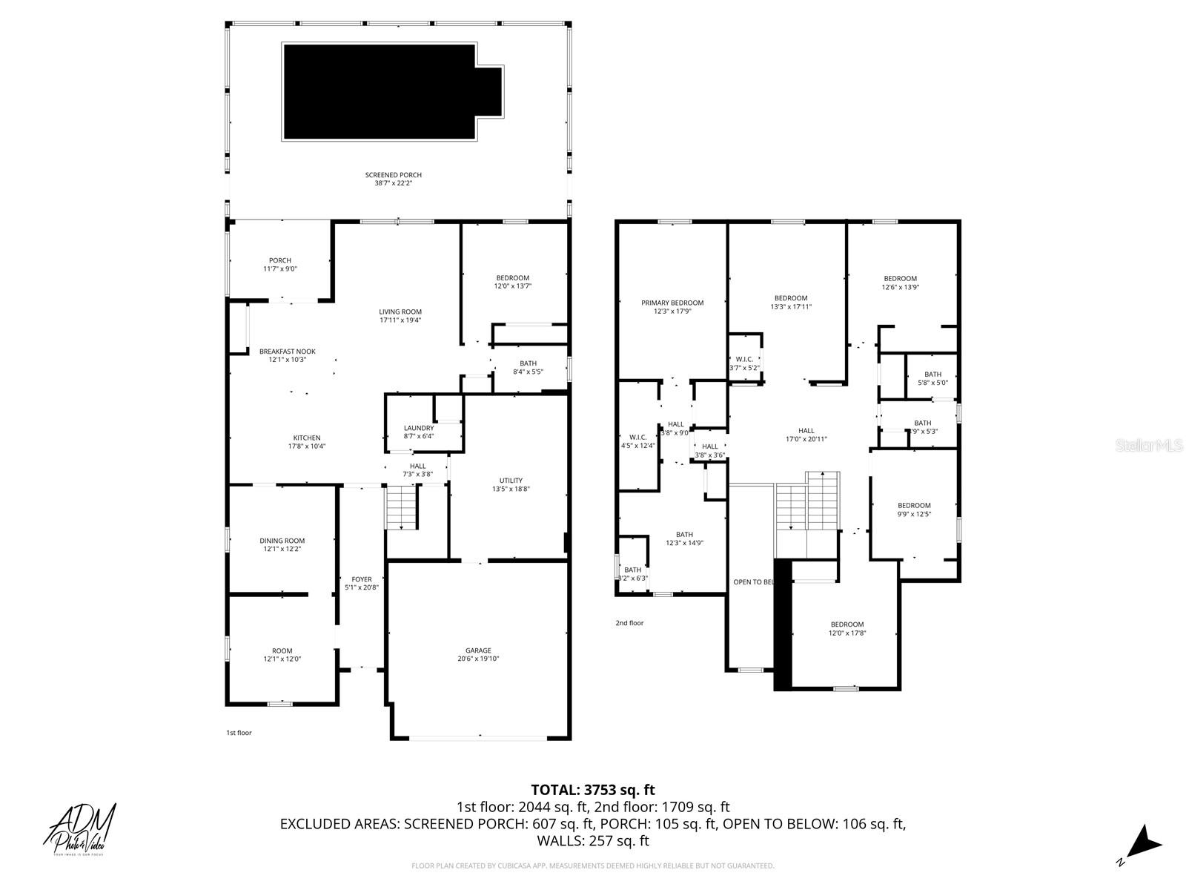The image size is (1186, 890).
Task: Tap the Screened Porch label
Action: click(x=393, y=179)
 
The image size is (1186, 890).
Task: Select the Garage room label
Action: click(x=478, y=654)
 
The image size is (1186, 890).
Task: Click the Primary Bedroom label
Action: click(x=672, y=306)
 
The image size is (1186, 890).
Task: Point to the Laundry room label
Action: click(x=419, y=432)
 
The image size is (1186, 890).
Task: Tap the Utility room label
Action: click(x=511, y=484)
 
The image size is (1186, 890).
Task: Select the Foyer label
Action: click(x=362, y=583)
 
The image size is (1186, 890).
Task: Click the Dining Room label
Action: click(x=282, y=544)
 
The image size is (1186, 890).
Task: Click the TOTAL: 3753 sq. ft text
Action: click(x=593, y=790)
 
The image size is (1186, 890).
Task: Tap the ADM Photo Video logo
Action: click(x=82, y=829)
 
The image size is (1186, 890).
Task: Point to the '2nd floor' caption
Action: click(x=629, y=623)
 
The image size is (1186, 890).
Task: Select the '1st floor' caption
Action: click(x=239, y=733)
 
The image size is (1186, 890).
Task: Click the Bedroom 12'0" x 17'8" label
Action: click(x=847, y=628)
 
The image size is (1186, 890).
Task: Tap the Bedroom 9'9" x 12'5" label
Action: click(x=913, y=509)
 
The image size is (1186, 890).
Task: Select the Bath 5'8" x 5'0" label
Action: click(x=932, y=378)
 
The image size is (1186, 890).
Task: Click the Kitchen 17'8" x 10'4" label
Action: click(x=306, y=441)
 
